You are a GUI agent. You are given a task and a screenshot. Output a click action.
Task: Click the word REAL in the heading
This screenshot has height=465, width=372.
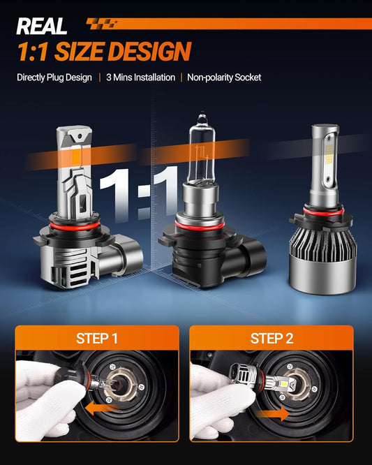41,26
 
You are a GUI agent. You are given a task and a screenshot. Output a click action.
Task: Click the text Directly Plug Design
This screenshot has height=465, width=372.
54,77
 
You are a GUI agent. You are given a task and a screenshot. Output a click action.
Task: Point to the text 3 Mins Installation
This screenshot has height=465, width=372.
140,77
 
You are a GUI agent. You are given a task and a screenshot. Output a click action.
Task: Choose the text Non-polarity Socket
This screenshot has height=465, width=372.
224,77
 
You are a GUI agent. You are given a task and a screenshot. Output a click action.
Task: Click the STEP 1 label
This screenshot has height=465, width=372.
96,339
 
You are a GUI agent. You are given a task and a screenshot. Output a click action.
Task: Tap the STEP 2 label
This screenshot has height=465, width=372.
271,339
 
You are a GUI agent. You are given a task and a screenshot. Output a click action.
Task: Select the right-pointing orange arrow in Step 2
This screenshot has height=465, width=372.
271,413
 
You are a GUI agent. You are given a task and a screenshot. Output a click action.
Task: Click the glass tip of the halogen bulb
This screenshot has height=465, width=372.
202,118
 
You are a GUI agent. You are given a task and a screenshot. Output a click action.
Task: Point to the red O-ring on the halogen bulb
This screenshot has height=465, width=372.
199,226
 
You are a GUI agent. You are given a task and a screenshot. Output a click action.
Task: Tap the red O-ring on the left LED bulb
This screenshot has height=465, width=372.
73,226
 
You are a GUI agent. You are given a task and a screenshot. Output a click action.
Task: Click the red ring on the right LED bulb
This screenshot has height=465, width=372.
324,211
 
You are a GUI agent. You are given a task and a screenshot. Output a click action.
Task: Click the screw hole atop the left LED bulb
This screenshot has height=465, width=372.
79,136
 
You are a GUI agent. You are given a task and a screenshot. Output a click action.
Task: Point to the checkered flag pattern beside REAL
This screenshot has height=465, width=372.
102,24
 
